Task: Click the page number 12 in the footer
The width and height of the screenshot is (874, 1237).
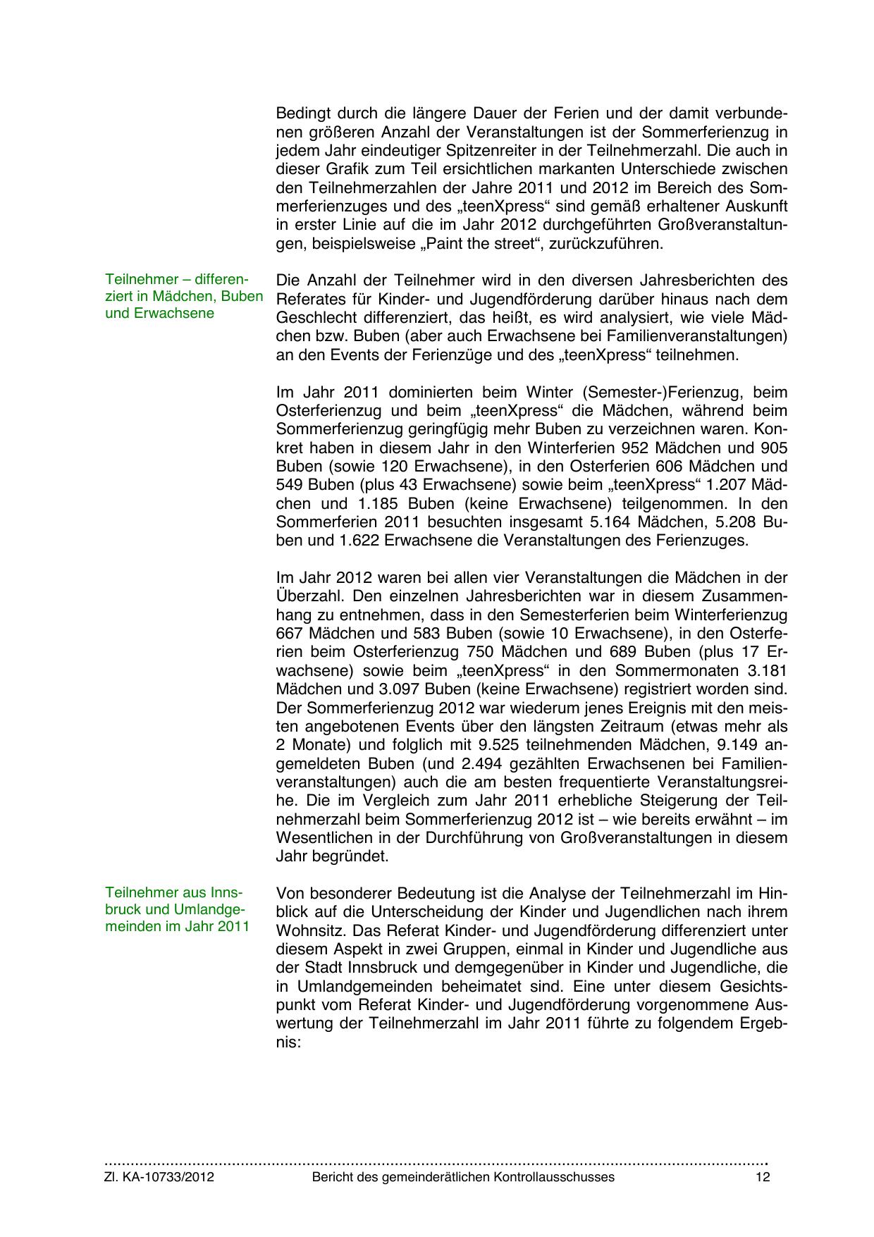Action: coord(763,1177)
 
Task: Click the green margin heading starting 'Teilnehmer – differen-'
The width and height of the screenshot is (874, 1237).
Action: coord(183,296)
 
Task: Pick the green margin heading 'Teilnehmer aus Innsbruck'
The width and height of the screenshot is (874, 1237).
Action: coord(177,909)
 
